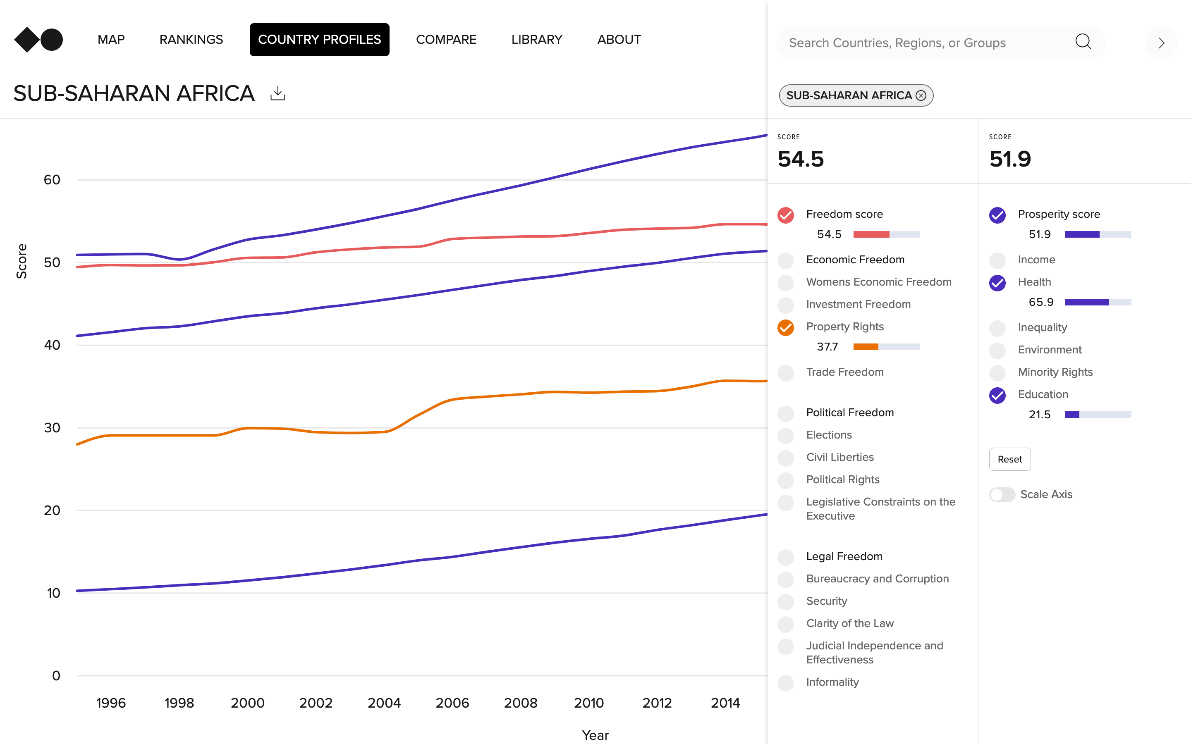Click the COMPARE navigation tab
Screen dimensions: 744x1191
pos(446,39)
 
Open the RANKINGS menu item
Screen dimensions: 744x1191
pos(191,39)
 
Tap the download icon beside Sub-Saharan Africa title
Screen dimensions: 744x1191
pos(277,93)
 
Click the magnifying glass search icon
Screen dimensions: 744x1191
pos(1083,42)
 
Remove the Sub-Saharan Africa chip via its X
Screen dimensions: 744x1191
pos(921,95)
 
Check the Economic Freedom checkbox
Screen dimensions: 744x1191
pos(785,260)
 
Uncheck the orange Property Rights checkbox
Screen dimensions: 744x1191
pos(785,327)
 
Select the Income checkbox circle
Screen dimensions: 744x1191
pos(997,260)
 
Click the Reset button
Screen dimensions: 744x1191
pos(1009,459)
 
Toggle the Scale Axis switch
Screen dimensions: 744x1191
pos(1002,494)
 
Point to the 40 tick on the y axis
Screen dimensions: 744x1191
pos(52,345)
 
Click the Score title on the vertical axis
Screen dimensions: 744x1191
pos(21,261)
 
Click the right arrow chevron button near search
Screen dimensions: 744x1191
pos(1161,43)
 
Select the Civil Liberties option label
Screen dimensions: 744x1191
pos(839,457)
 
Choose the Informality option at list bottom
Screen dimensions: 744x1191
pos(832,682)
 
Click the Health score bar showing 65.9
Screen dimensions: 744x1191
pos(1098,302)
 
